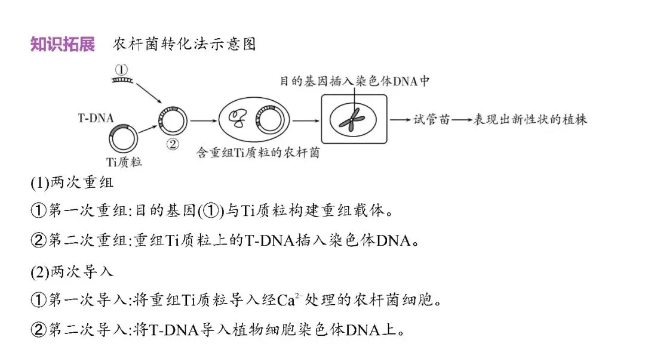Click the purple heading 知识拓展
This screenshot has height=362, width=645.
click(63, 45)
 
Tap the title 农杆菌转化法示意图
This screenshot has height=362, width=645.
click(184, 45)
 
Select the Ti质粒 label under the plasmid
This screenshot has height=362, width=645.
click(124, 162)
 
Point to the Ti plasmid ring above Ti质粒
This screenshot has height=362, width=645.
click(123, 138)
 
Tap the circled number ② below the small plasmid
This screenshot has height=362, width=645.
click(172, 144)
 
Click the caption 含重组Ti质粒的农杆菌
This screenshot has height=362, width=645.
click(258, 153)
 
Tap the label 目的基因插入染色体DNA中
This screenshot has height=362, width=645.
click(355, 81)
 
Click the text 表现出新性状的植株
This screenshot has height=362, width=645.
click(530, 119)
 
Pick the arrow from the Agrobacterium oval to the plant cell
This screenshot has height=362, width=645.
click(306, 120)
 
